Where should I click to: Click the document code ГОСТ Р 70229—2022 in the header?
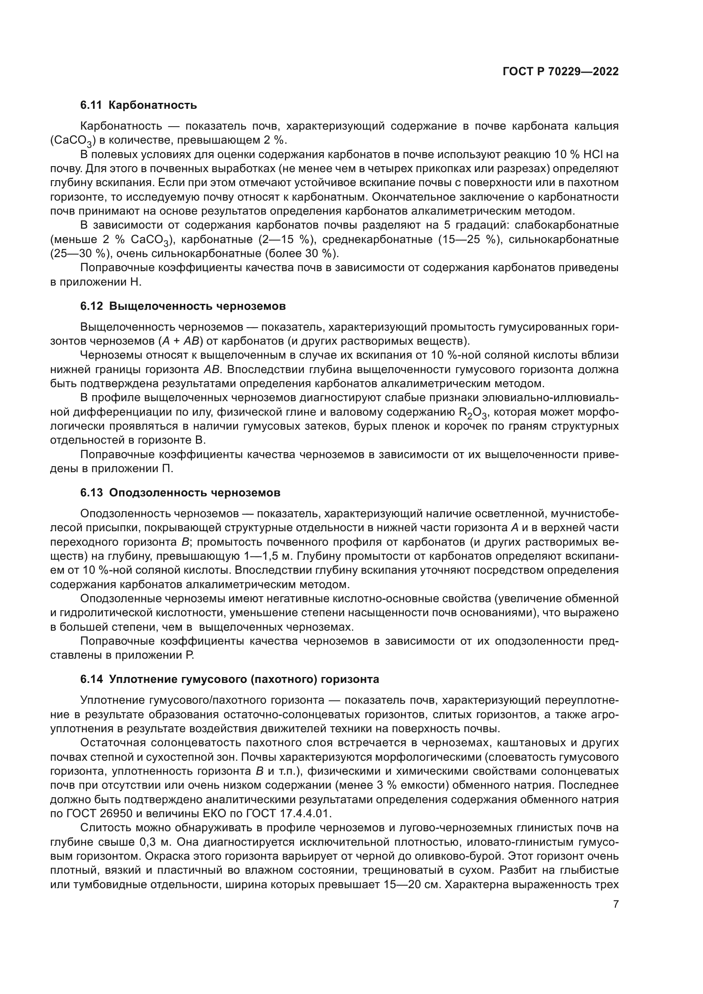pos(560,71)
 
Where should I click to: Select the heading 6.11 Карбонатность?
pos(139,105)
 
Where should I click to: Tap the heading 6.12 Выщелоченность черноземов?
pos(183,306)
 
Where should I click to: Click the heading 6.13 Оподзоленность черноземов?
pos(180,493)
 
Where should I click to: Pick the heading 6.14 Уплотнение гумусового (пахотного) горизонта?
pos(230,679)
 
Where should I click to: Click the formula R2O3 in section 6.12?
pos(472,413)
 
